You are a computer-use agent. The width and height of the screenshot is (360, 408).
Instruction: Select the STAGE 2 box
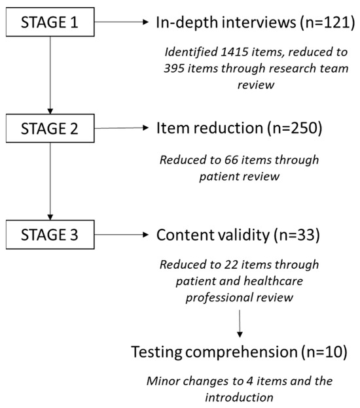coord(49,129)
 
